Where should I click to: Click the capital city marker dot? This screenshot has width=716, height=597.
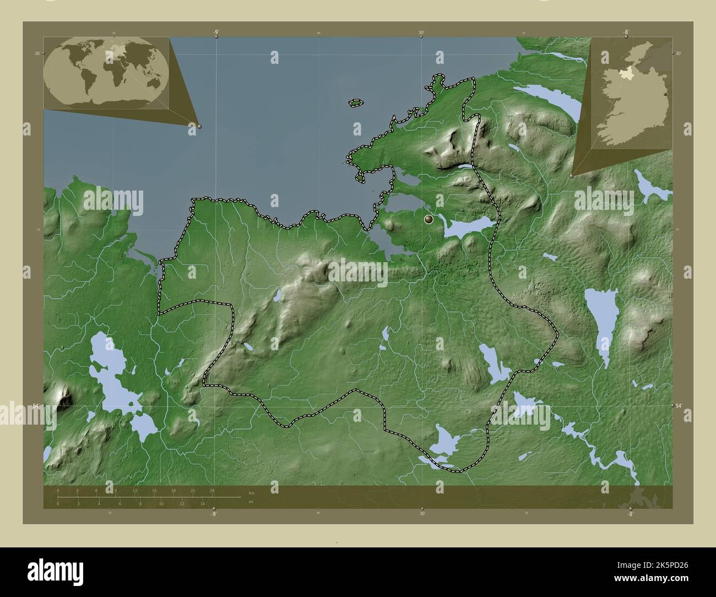pyautogui.click(x=429, y=220)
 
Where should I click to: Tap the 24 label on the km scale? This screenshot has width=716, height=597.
pyautogui.click(x=212, y=490)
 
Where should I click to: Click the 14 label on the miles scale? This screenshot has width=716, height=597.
pyautogui.click(x=203, y=503)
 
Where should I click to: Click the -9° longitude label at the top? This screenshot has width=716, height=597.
pyautogui.click(x=216, y=32)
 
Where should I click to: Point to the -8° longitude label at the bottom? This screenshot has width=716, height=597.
pyautogui.click(x=630, y=513)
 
